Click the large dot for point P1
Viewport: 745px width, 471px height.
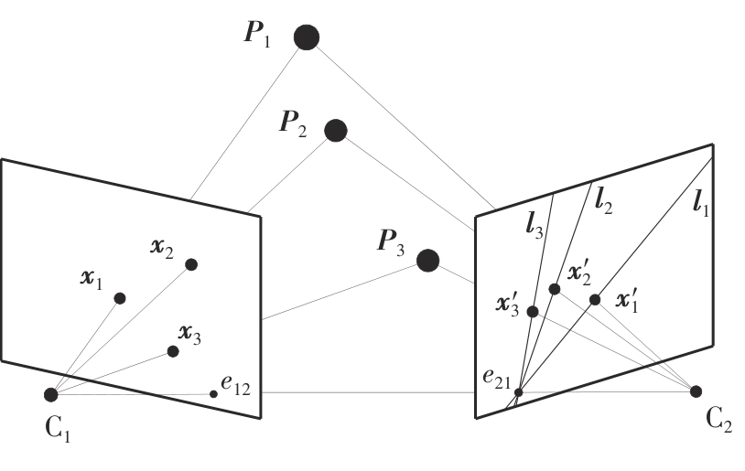pos(306,37)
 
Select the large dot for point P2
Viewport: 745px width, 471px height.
pos(336,131)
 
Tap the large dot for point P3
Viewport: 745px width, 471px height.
pos(427,261)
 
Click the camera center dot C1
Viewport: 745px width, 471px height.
pos(51,394)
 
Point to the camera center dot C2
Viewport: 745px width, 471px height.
pos(696,391)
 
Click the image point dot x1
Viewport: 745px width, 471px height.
pos(120,297)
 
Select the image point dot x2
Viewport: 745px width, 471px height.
pos(191,264)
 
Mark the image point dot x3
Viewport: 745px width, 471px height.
pos(173,351)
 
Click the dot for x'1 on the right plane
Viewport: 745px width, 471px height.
pos(595,299)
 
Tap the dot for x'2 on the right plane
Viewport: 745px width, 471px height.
pos(554,289)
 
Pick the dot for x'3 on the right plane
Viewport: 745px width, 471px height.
pos(533,311)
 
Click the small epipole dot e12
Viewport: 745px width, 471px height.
pos(213,393)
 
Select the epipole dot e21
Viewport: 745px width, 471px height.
pos(518,392)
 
